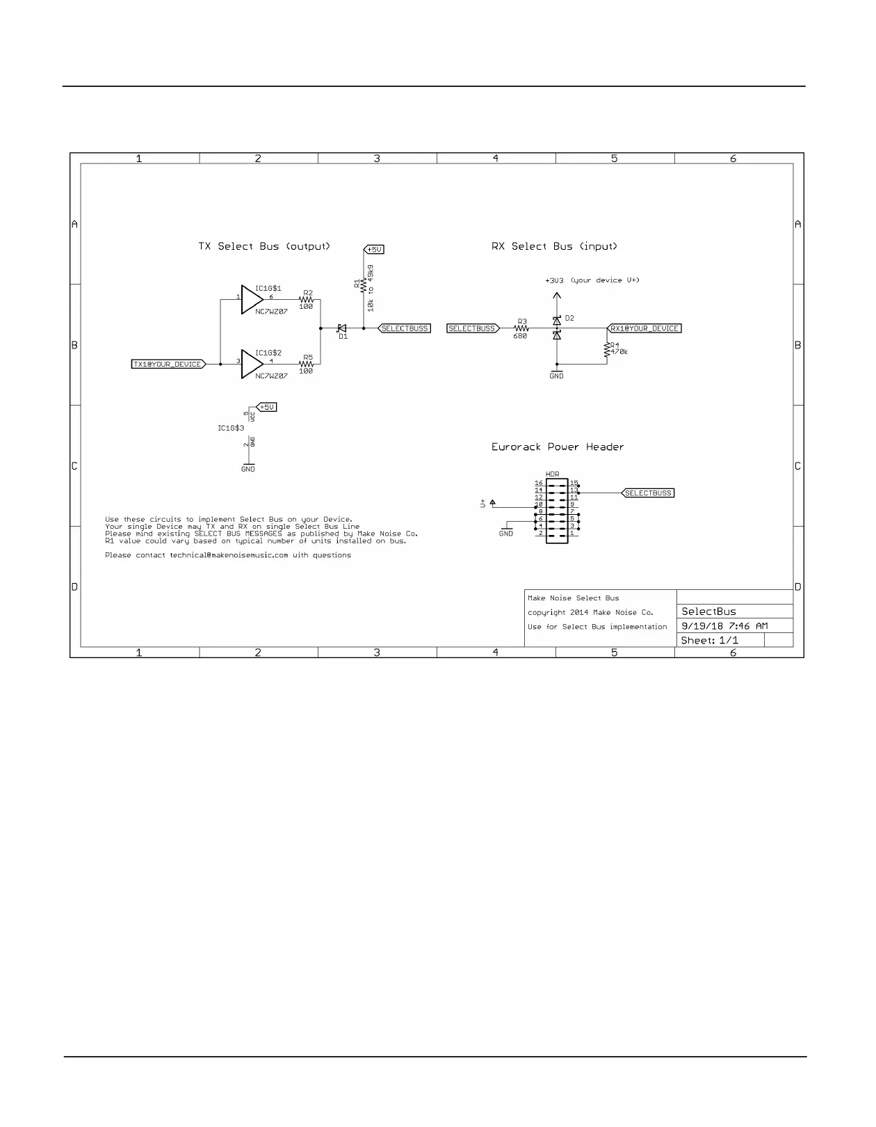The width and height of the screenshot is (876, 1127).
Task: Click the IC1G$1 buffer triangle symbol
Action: (251, 299)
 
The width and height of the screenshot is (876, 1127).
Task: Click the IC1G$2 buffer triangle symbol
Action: (251, 364)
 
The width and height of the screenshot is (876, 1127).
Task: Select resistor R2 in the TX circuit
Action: (307, 300)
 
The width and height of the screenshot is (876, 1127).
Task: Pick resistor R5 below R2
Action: (307, 364)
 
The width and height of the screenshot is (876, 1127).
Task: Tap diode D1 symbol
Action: (342, 328)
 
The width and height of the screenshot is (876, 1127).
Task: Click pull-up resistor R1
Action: (364, 285)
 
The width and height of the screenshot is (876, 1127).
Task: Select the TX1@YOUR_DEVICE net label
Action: (168, 364)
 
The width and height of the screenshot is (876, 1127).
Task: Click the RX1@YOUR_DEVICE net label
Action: (644, 328)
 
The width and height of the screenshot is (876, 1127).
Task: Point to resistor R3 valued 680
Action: (521, 328)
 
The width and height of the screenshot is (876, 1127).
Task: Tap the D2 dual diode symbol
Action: (556, 328)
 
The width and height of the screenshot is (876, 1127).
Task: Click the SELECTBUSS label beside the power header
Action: (648, 493)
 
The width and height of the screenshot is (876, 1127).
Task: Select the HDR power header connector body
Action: (556, 511)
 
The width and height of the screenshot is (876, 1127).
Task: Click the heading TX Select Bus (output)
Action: (264, 246)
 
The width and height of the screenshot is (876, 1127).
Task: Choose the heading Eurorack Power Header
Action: (558, 447)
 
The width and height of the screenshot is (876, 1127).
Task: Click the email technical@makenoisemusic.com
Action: (229, 555)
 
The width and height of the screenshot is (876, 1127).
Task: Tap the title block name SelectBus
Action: (708, 612)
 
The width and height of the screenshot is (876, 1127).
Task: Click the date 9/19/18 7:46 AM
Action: (724, 626)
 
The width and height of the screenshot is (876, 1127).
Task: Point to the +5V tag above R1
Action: (374, 249)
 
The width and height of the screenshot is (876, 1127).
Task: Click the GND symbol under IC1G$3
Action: (248, 467)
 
